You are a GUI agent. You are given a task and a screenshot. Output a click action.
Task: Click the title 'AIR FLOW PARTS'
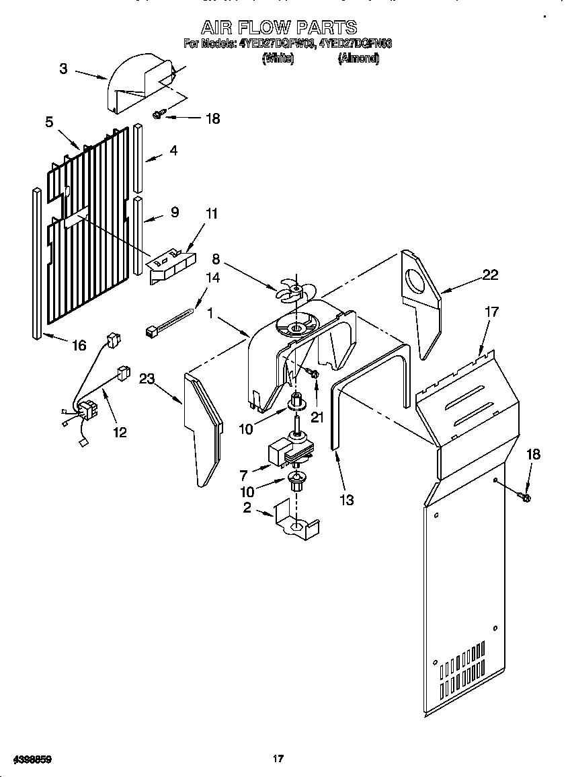pyautogui.click(x=279, y=27)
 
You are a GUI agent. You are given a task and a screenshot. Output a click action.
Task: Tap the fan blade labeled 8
pyautogui.click(x=295, y=290)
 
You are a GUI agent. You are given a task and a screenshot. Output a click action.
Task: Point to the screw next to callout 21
pyautogui.click(x=313, y=373)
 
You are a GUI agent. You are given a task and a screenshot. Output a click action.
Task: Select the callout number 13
pyautogui.click(x=347, y=500)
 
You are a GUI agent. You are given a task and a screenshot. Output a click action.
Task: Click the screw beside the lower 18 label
pyautogui.click(x=525, y=497)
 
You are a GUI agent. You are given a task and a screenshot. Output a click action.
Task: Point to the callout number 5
pyautogui.click(x=49, y=122)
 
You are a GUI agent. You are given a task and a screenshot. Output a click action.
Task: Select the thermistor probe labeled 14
pyautogui.click(x=171, y=320)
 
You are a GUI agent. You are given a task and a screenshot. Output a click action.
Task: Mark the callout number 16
pyautogui.click(x=79, y=345)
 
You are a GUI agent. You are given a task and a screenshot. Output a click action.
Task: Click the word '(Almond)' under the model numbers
pyautogui.click(x=358, y=59)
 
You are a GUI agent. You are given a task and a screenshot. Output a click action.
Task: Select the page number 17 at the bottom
pyautogui.click(x=278, y=759)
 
